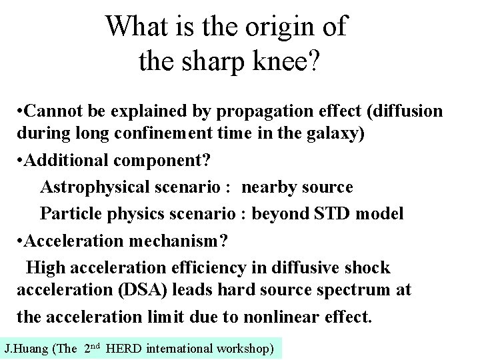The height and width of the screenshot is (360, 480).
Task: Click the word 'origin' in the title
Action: [286, 27]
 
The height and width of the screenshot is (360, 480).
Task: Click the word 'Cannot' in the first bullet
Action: [54, 111]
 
